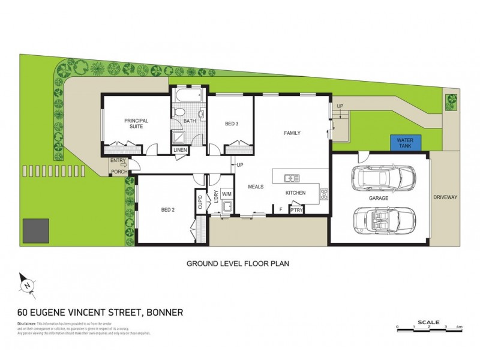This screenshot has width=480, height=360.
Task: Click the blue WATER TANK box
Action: pos(406,143)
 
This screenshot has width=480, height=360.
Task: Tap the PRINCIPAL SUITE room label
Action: pos(136,124)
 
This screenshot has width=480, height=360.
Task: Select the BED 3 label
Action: pos(232,124)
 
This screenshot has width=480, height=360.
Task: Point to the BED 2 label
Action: pos(168,210)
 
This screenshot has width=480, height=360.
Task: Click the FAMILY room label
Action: pos(292,133)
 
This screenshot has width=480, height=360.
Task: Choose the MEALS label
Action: pos(256,187)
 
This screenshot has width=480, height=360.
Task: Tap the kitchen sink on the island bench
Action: pos(292,178)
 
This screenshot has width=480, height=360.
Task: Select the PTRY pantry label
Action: pos(296,210)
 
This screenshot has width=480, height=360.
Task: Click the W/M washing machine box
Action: pos(226,194)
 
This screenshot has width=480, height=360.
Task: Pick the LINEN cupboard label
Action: pos(179,150)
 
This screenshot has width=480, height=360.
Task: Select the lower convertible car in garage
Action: pos(382,220)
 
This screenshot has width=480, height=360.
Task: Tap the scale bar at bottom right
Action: pos(429,328)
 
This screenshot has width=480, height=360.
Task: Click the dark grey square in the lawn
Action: pos(35,230)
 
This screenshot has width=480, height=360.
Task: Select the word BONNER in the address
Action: pos(163,312)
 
